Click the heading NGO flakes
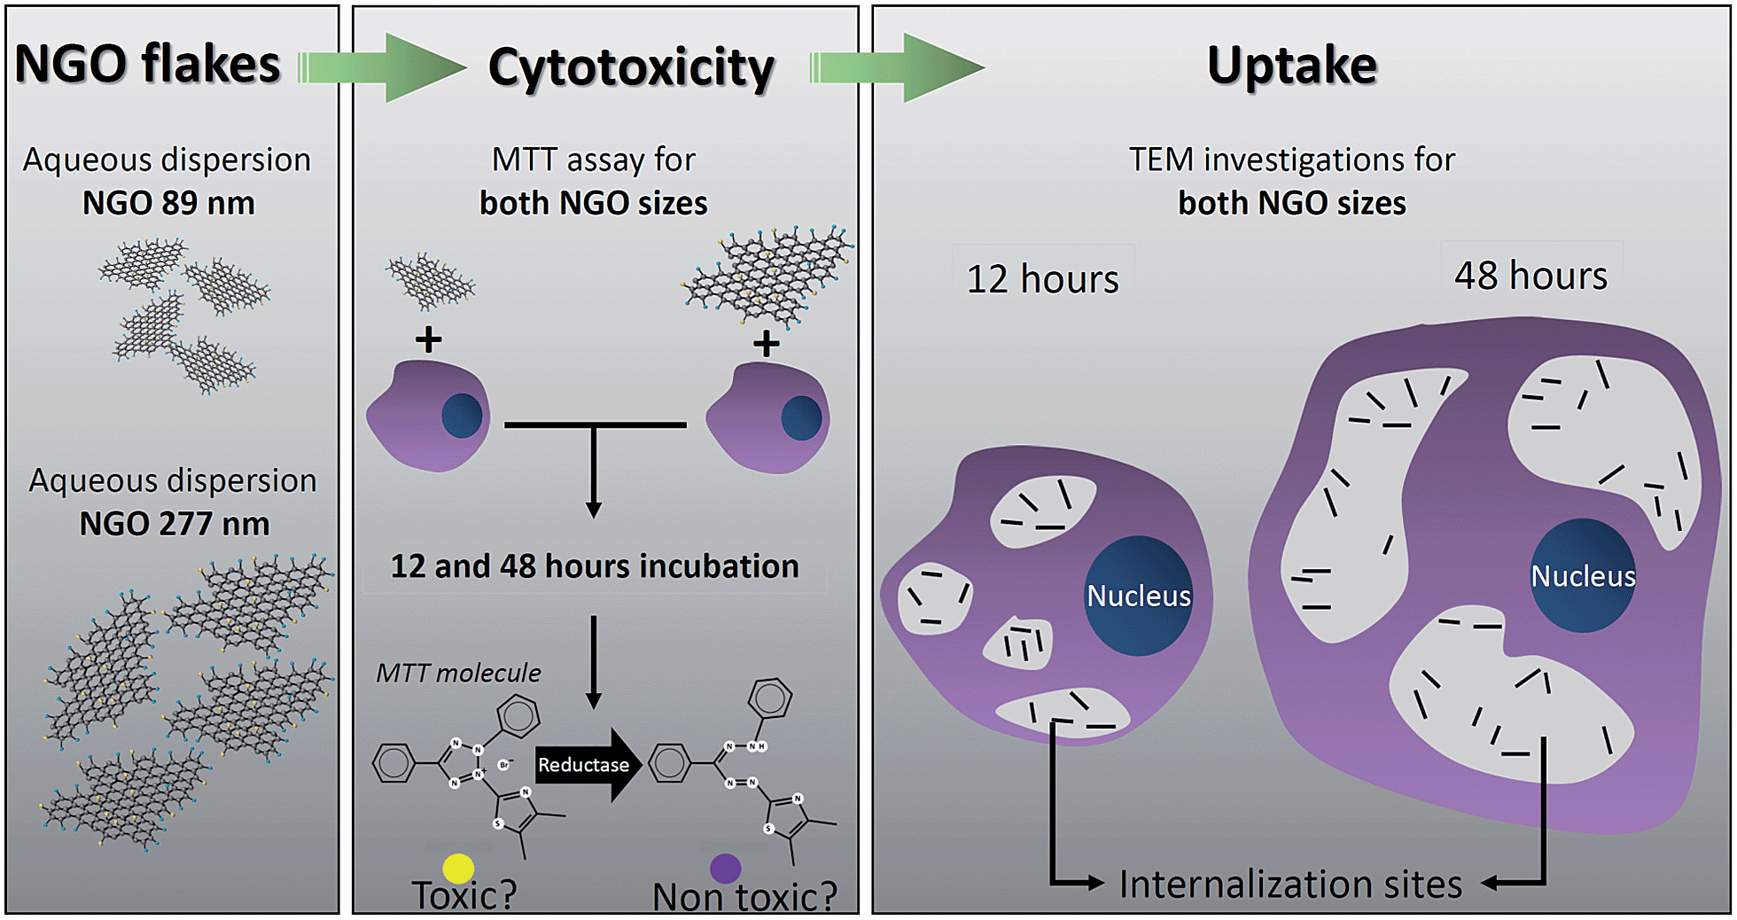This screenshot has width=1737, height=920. [148, 64]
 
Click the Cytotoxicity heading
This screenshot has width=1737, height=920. [631, 67]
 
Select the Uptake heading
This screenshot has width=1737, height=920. [1291, 65]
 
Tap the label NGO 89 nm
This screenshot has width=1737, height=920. [168, 203]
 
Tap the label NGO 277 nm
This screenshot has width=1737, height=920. [175, 523]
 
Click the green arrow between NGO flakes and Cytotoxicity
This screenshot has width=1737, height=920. [390, 67]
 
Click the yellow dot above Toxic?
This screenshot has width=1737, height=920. [458, 868]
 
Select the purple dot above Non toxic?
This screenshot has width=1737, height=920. [725, 868]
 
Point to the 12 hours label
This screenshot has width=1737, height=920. [1042, 279]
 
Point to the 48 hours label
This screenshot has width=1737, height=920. [1531, 275]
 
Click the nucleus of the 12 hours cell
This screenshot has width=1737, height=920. [1139, 596]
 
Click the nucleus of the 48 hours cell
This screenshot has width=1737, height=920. [1583, 575]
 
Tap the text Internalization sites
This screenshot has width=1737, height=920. [1290, 884]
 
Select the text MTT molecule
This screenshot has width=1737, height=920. [458, 673]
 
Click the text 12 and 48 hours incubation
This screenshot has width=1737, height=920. [595, 565]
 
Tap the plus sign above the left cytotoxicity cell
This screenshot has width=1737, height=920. [429, 339]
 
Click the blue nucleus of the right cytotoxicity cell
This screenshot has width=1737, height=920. [801, 417]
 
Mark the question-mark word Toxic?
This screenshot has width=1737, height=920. [463, 895]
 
